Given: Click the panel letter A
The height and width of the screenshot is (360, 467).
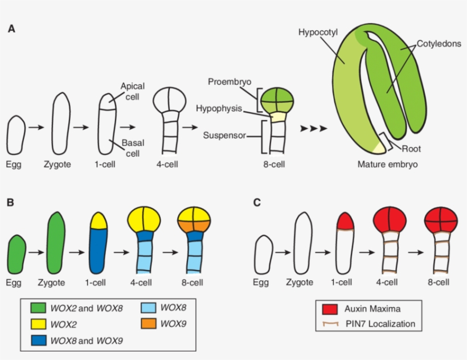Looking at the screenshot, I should point(11,29).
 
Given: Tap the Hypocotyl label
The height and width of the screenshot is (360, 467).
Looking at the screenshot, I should point(318,32).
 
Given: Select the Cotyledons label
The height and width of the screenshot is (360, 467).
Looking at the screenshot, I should point(439,44).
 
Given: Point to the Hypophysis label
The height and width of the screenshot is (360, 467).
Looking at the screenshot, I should point(219,108).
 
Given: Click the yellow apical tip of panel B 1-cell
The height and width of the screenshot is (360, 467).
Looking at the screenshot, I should point(99,220).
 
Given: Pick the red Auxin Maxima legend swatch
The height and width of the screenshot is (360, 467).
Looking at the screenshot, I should point(329,309).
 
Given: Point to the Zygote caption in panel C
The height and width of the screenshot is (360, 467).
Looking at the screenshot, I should point(300,282).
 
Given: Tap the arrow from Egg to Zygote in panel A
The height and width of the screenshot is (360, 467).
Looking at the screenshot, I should point(35,128).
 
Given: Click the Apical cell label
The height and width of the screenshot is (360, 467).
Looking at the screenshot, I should point(132,91).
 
